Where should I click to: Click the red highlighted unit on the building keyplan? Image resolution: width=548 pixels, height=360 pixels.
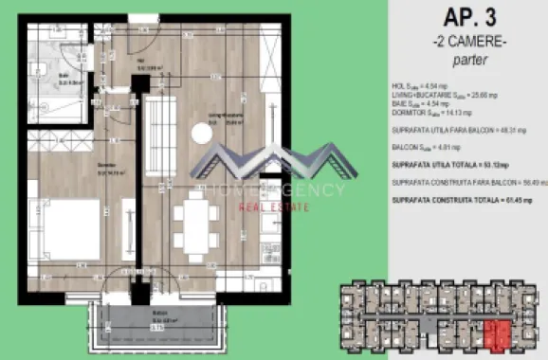495,333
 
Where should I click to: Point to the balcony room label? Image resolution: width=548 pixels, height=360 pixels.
142,320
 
